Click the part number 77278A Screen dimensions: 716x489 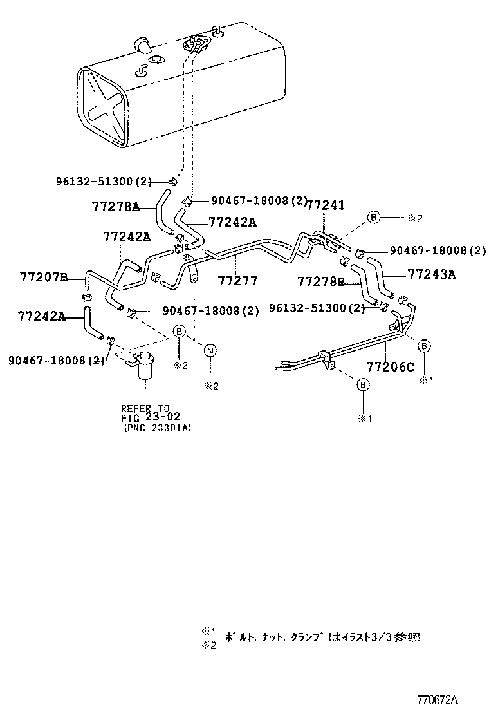115,207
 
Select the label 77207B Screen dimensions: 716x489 43,278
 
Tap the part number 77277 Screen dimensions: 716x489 237,281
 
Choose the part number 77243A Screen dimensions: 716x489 431,274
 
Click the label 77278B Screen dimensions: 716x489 321,281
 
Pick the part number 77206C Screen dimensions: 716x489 391,366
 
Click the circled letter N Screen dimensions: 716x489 209,350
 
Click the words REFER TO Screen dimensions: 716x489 145,408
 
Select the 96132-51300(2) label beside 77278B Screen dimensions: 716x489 318,308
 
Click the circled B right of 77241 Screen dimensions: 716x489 373,218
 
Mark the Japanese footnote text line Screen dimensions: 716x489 322,637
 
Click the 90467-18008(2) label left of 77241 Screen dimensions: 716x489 250,200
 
